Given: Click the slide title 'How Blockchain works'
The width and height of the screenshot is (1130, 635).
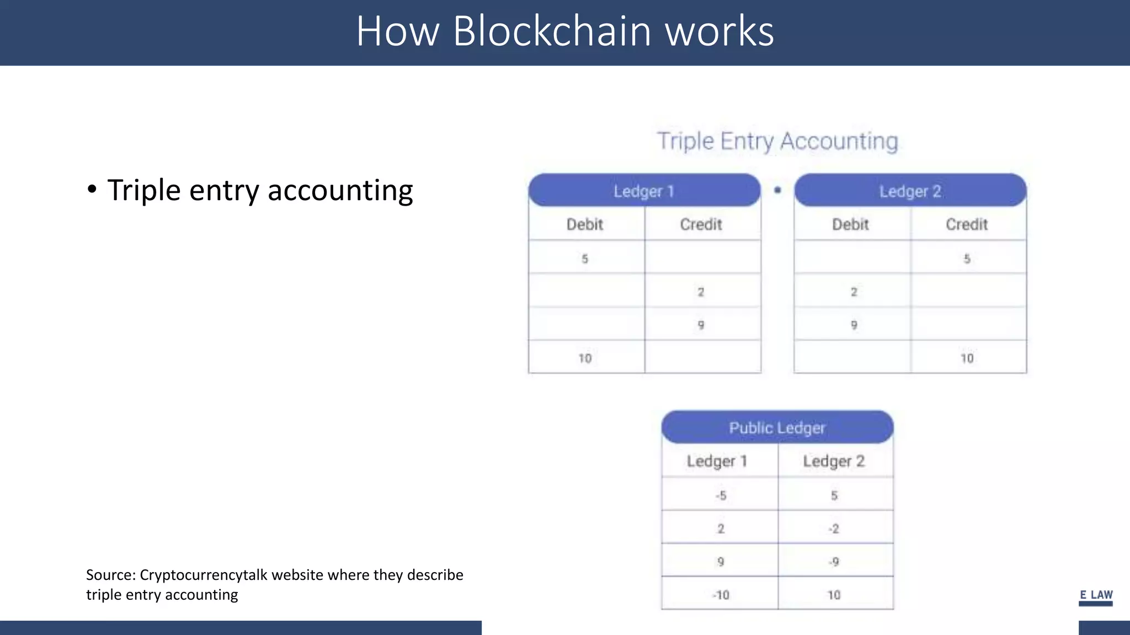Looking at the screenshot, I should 564,31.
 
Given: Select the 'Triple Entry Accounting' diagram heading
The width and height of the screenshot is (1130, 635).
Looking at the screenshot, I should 777,141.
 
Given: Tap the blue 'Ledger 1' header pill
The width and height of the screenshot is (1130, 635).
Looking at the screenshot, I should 644,191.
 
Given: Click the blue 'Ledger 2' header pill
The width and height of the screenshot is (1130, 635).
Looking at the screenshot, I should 910,191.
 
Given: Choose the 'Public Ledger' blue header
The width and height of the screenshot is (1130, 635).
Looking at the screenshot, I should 777,427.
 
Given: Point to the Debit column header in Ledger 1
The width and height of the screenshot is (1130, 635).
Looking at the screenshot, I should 585,224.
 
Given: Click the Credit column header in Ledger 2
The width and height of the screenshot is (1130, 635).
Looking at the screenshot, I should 967,224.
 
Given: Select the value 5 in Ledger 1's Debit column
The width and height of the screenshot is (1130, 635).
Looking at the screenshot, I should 585,259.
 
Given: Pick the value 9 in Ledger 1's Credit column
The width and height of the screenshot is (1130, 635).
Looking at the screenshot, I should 701,325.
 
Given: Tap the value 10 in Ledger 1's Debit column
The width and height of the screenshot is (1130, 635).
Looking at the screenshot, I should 585,358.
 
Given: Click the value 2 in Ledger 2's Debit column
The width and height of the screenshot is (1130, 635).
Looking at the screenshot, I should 854,292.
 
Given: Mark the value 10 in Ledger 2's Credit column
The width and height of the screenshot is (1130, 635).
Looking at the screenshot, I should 967,358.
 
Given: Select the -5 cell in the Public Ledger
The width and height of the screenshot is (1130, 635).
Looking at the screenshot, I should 721,496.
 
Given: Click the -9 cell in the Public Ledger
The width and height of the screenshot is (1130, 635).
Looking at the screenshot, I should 834,562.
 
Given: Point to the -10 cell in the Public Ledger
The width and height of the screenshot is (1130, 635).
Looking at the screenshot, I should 721,595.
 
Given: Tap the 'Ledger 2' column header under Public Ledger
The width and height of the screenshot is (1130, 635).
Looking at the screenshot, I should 834,461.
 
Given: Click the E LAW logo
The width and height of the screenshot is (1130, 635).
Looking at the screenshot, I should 1096,596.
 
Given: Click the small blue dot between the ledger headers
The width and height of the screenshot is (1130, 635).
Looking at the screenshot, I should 777,190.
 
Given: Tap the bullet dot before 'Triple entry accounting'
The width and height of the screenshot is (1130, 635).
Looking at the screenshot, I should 92,190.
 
